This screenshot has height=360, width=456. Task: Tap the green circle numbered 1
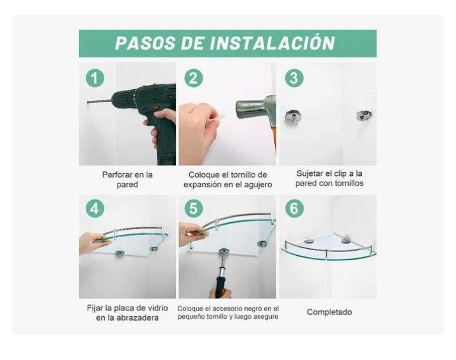94,78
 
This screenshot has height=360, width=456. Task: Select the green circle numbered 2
194,78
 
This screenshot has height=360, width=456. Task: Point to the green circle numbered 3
293,78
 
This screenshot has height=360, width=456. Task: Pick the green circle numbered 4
94,209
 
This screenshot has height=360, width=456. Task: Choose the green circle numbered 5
194,209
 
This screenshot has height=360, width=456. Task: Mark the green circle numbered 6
293,209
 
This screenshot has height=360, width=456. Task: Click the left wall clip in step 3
294,116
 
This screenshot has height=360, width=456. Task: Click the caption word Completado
329,312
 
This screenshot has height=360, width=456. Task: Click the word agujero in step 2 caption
257,184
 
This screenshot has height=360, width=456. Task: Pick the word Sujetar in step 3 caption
311,173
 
